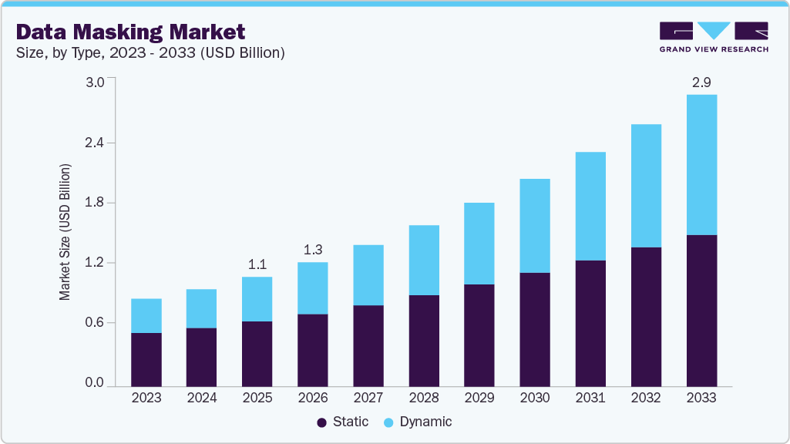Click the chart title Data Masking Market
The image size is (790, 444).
pyautogui.click(x=131, y=32)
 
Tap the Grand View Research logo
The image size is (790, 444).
pyautogui.click(x=713, y=37)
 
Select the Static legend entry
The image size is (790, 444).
pyautogui.click(x=342, y=422)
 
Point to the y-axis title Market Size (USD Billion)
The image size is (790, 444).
pyautogui.click(x=66, y=232)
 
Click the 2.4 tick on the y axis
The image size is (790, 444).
pyautogui.click(x=93, y=143)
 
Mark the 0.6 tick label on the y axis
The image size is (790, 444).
pyautogui.click(x=93, y=322)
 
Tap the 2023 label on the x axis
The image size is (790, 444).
pyautogui.click(x=146, y=398)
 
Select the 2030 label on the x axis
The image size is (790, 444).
pyautogui.click(x=535, y=398)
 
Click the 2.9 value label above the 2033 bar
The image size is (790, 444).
pyautogui.click(x=701, y=82)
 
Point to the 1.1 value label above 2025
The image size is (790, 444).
pyautogui.click(x=257, y=264)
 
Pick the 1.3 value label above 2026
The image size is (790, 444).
pyautogui.click(x=312, y=250)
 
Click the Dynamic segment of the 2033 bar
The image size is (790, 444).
pyautogui.click(x=701, y=164)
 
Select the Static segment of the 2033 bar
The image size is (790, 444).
pyautogui.click(x=701, y=310)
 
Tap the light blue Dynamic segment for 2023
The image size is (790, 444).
pyautogui.click(x=146, y=315)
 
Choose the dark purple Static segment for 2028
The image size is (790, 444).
pyautogui.click(x=424, y=340)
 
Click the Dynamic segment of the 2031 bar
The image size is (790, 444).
pyautogui.click(x=590, y=206)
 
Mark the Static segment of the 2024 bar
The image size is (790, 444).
pyautogui.click(x=201, y=357)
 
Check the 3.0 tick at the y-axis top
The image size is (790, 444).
pyautogui.click(x=93, y=83)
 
